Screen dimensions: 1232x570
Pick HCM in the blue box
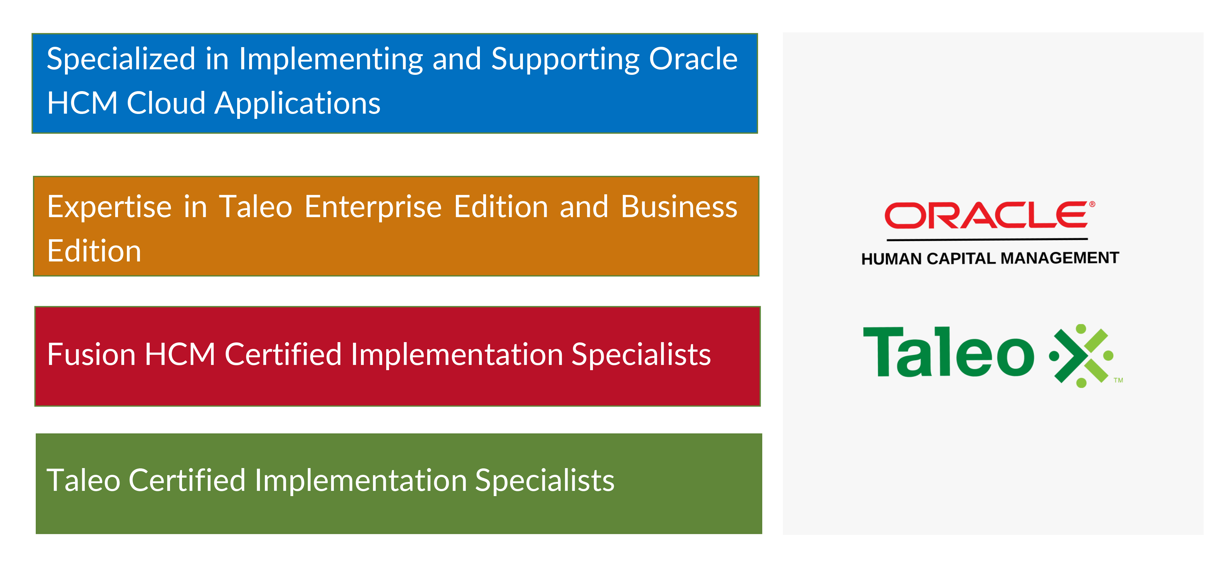[82, 103]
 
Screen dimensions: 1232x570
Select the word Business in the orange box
[679, 207]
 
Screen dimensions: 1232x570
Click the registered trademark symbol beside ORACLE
[1092, 204]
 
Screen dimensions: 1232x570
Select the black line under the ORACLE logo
[987, 239]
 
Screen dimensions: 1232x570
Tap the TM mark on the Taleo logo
[1118, 381]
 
